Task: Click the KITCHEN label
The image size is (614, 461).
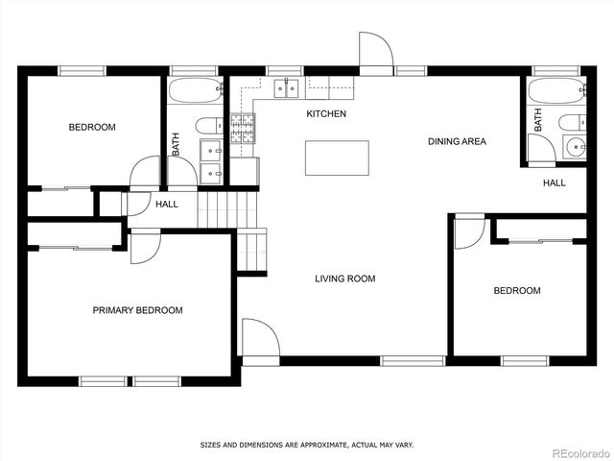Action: coord(326,114)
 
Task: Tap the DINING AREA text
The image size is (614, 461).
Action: coord(457,141)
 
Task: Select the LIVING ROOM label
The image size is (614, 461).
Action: coord(344,279)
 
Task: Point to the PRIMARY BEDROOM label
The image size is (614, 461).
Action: coord(137,310)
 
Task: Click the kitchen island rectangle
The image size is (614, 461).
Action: coord(337,158)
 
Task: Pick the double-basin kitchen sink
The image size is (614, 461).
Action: coord(285,89)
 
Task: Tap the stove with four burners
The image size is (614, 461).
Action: coord(243,128)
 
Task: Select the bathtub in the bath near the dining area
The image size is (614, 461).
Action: coord(555,93)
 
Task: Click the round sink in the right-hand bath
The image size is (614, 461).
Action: coord(576,147)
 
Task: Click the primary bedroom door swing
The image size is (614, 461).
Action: coord(144,246)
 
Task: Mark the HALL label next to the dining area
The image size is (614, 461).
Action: coord(554,182)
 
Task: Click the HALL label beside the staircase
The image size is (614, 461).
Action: coord(167,204)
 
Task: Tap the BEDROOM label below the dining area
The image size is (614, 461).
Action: coord(516,291)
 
